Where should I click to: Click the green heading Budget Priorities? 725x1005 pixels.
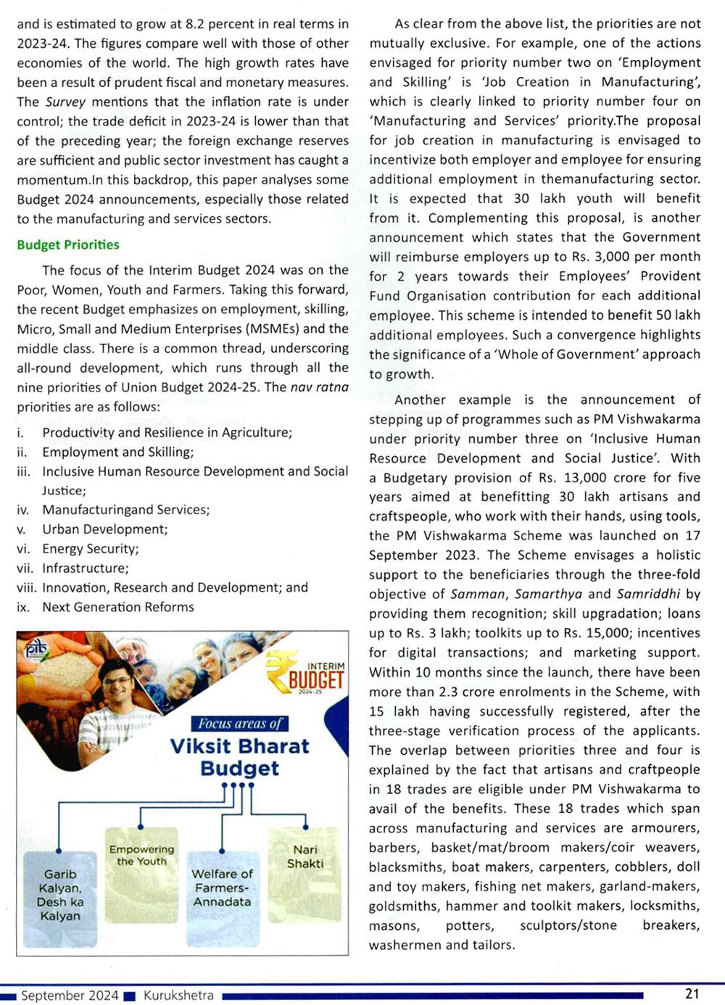[68, 245]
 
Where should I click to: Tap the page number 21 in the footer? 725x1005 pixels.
[692, 994]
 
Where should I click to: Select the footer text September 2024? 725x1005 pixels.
[70, 996]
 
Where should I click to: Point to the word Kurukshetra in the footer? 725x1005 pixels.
[178, 996]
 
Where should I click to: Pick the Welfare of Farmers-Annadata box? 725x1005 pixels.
[222, 888]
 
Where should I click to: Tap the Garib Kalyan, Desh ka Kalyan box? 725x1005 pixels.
[60, 895]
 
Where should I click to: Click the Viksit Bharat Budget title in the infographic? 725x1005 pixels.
[239, 757]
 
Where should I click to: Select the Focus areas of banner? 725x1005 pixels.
[239, 724]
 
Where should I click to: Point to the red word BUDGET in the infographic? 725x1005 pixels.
[315, 680]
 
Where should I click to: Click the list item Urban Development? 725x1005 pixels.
[104, 529]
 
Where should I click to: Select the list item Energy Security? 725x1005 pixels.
[90, 549]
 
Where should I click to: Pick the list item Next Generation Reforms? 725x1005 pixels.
[118, 607]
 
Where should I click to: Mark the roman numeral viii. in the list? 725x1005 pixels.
[26, 588]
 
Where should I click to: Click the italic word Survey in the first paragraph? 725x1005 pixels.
[65, 102]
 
